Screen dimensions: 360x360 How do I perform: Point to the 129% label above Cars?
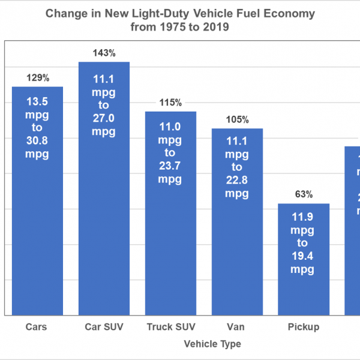pyautogui.click(x=37, y=78)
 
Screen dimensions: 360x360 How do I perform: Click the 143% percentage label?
pyautogui.click(x=104, y=53)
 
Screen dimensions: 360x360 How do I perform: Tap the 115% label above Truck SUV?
pyautogui.click(x=170, y=103)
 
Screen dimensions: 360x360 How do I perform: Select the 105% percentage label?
pyautogui.click(x=237, y=119)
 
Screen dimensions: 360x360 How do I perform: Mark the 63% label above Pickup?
pyautogui.click(x=304, y=194)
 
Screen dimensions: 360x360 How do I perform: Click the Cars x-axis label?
pyautogui.click(x=37, y=327)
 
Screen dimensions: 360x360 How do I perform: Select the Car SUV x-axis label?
pyautogui.click(x=104, y=327)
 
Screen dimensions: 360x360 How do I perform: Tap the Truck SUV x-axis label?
pyautogui.click(x=170, y=327)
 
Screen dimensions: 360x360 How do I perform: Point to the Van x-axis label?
pyautogui.click(x=237, y=327)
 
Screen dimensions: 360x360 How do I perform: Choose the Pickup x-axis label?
pyautogui.click(x=304, y=327)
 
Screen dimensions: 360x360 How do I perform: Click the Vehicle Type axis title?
pyautogui.click(x=212, y=344)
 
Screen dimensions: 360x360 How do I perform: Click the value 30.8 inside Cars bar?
pyautogui.click(x=37, y=142)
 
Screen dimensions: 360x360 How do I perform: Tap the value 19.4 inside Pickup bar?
pyautogui.click(x=304, y=257)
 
